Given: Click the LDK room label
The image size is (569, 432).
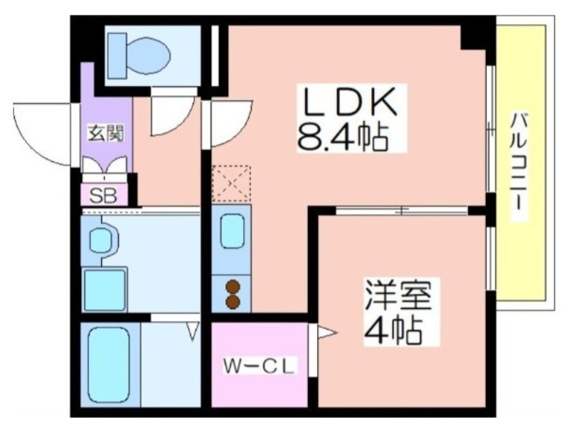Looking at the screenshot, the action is pyautogui.click(x=351, y=102).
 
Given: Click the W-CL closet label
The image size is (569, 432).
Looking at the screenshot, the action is pyautogui.click(x=258, y=366).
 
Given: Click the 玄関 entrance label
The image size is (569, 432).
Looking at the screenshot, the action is pyautogui.click(x=106, y=134).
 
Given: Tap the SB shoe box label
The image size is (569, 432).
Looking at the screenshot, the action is pyautogui.click(x=103, y=196).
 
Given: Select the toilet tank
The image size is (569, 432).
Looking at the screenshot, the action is pyautogui.click(x=117, y=56).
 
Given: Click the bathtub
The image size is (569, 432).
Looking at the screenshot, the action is pyautogui.click(x=109, y=364).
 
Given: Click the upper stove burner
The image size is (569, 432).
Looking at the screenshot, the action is pyautogui.click(x=233, y=287).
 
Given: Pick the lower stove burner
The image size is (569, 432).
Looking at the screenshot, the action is pyautogui.click(x=233, y=302).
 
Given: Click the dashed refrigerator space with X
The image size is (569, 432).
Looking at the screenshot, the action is pyautogui.click(x=232, y=184).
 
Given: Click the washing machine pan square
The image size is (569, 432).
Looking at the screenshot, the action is pyautogui.click(x=105, y=290).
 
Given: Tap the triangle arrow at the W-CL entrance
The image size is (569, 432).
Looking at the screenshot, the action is pyautogui.click(x=327, y=332).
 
